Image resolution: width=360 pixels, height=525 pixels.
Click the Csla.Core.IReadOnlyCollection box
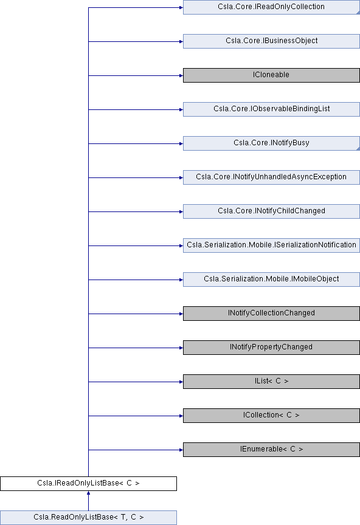click(x=271, y=7)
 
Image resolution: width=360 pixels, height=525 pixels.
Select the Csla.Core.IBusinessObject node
click(x=271, y=41)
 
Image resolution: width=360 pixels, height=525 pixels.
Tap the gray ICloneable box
click(x=271, y=75)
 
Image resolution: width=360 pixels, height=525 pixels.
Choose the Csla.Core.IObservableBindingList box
click(x=271, y=109)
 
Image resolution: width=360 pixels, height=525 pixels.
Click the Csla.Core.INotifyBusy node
click(x=271, y=143)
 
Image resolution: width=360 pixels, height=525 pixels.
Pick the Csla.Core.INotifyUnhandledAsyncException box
click(x=271, y=177)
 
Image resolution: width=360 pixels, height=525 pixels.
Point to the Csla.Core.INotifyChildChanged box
click(x=271, y=211)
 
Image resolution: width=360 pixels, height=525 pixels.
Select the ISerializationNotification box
click(x=271, y=245)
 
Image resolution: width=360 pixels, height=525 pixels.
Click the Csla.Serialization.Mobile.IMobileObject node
click(x=271, y=280)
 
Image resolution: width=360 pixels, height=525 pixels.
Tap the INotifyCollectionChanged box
click(x=271, y=314)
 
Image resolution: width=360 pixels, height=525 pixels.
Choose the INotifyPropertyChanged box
click(x=271, y=348)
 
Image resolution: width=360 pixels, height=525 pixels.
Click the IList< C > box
click(x=271, y=382)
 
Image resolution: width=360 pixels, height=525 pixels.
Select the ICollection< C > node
click(x=271, y=416)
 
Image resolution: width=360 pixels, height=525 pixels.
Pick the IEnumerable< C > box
click(x=271, y=450)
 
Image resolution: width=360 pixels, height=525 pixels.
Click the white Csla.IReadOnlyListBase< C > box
click(x=89, y=484)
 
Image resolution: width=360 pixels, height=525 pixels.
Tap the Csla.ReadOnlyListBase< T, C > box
click(x=89, y=518)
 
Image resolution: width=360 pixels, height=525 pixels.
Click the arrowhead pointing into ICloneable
click(x=181, y=76)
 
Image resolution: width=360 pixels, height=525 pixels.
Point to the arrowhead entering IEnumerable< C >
click(x=181, y=450)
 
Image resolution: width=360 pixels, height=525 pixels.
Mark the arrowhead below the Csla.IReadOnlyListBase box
click(x=89, y=493)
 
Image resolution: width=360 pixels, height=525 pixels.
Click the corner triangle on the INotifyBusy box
click(x=358, y=148)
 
